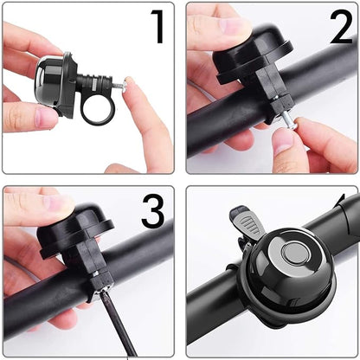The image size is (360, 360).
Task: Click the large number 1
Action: click(x=157, y=28)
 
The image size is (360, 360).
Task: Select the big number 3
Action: click(x=153, y=210)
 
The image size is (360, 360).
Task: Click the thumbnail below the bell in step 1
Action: click(x=46, y=117)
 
